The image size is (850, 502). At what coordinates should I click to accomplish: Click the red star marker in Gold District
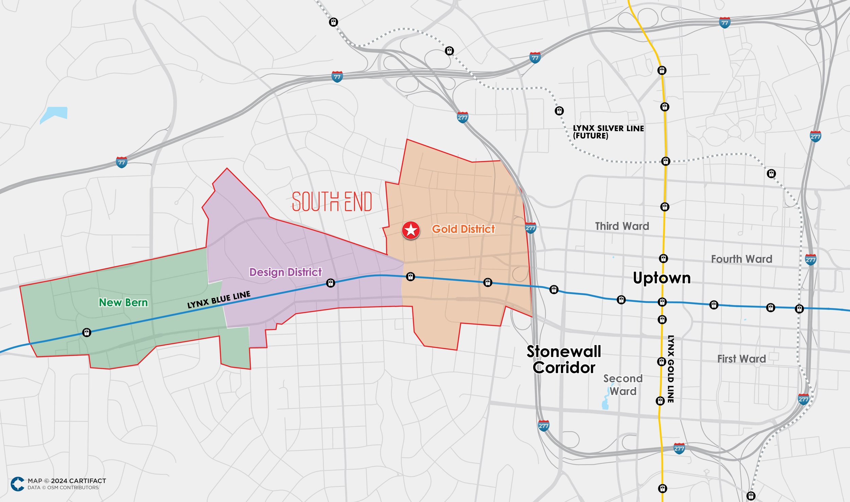click(x=411, y=230)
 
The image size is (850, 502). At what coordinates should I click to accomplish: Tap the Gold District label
click(x=463, y=229)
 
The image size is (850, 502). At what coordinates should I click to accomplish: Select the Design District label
click(x=285, y=272)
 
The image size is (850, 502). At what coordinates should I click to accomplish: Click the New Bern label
click(x=123, y=302)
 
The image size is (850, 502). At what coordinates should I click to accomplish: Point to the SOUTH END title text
click(x=332, y=202)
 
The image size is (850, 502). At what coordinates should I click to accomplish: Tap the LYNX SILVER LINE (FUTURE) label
click(x=608, y=132)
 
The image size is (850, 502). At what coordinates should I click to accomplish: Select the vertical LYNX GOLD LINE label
click(x=670, y=369)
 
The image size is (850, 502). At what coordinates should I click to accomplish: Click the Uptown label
click(x=662, y=278)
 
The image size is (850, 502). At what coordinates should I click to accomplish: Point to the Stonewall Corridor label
click(x=564, y=360)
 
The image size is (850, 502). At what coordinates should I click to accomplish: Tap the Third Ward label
click(x=622, y=226)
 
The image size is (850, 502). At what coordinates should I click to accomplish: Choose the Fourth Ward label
click(x=742, y=259)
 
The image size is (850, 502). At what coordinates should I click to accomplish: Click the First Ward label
click(x=741, y=359)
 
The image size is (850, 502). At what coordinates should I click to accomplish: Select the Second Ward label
click(x=623, y=385)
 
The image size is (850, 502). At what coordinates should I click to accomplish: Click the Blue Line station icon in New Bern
click(x=87, y=332)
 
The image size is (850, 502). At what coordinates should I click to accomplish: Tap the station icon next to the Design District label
click(x=330, y=283)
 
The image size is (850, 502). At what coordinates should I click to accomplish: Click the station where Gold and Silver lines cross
click(x=665, y=161)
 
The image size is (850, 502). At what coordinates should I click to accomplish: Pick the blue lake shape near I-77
click(x=54, y=115)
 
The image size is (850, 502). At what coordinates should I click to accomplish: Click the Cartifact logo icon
click(x=17, y=484)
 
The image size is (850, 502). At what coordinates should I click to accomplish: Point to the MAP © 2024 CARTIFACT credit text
click(x=67, y=481)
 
